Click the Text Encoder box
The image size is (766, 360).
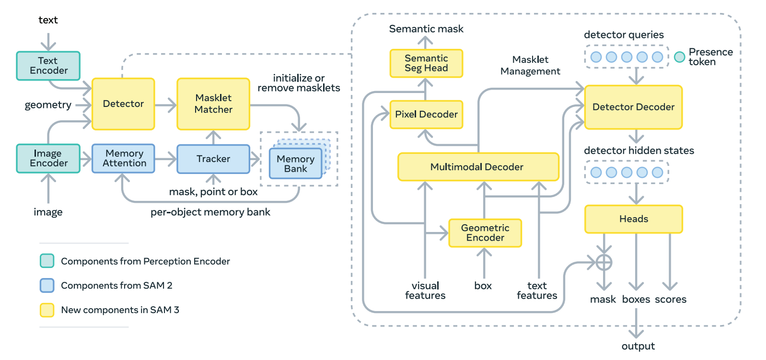48,66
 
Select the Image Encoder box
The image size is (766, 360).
48,158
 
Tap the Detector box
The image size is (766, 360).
123,104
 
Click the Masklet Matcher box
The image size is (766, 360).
213,104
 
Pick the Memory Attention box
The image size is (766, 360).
123,158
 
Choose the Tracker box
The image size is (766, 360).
213,159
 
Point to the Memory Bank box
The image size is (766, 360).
295,163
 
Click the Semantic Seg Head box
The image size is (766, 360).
426,63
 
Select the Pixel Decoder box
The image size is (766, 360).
426,115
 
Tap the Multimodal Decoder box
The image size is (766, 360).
478,167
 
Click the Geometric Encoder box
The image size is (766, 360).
485,233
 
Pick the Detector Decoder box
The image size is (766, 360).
633,107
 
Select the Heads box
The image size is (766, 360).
633,219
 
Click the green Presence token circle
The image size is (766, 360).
679,57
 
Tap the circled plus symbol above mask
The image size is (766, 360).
604,262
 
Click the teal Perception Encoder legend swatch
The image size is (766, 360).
47,261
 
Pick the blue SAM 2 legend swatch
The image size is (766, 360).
47,285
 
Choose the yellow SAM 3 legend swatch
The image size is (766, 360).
47,310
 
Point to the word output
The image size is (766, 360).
638,346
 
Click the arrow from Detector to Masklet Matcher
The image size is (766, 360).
166,105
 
